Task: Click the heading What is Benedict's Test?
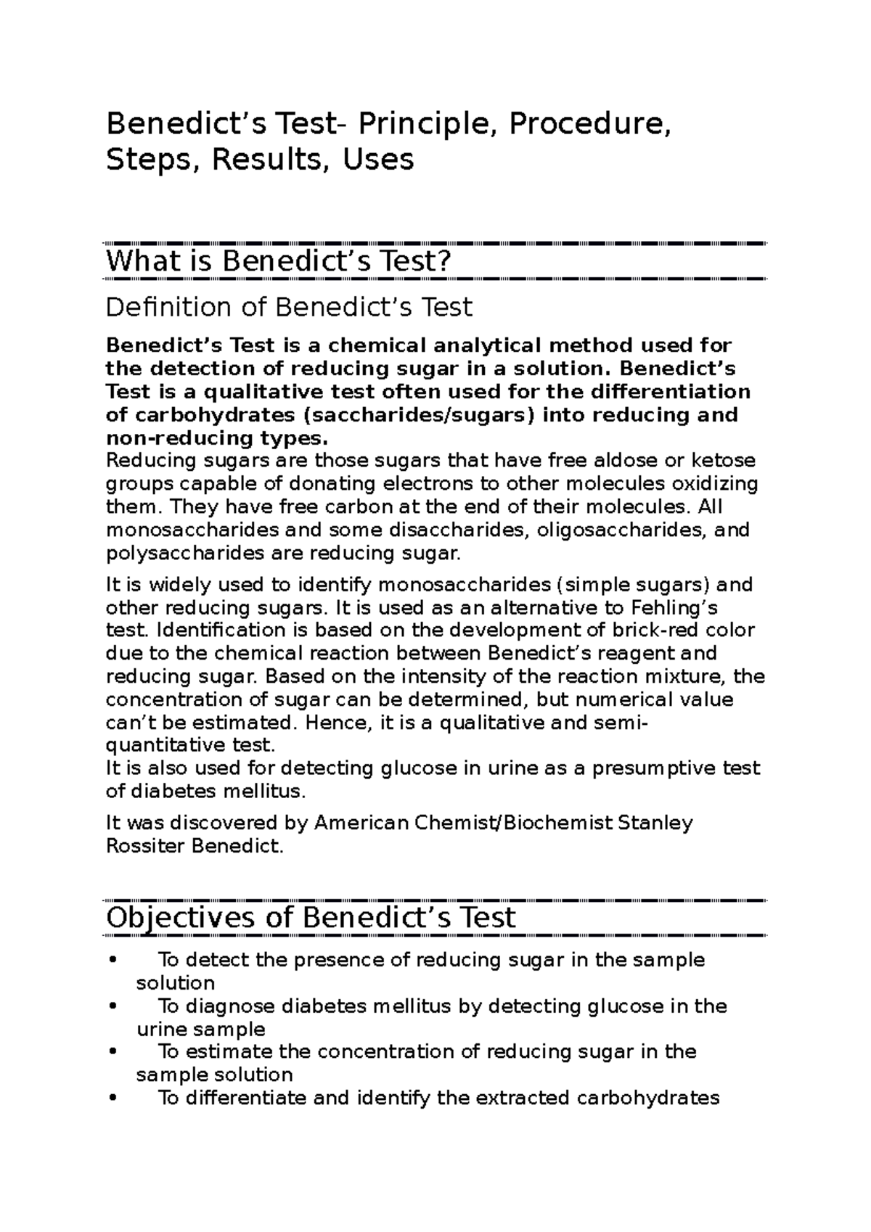click(x=279, y=261)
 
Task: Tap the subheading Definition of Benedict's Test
click(x=289, y=307)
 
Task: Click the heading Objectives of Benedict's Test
click(x=310, y=918)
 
